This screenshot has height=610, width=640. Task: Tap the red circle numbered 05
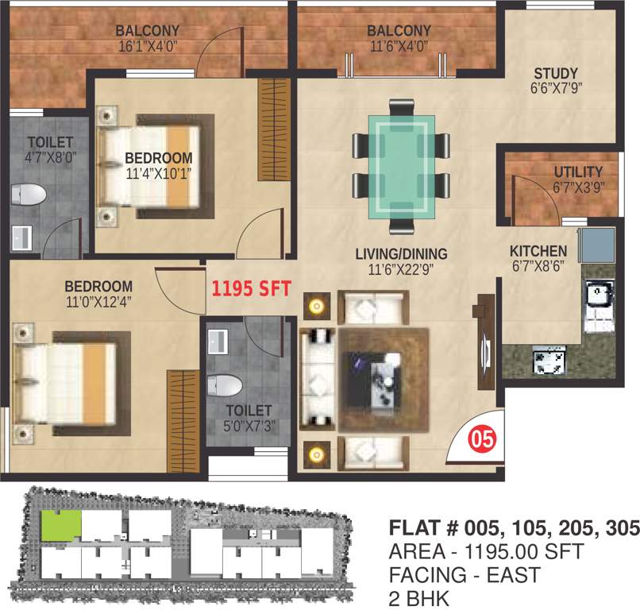pyautogui.click(x=477, y=438)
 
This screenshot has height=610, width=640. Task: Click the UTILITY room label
pyautogui.click(x=578, y=172)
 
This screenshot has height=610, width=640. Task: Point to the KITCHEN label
pyautogui.click(x=538, y=251)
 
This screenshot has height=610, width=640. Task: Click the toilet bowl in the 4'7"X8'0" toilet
pyautogui.click(x=30, y=195)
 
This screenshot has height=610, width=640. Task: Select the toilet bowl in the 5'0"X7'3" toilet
pyautogui.click(x=225, y=386)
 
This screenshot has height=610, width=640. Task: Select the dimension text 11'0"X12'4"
pyautogui.click(x=98, y=301)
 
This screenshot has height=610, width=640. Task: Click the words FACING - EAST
pyautogui.click(x=464, y=574)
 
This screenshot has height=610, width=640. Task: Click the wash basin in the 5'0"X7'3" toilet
pyautogui.click(x=218, y=342)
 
